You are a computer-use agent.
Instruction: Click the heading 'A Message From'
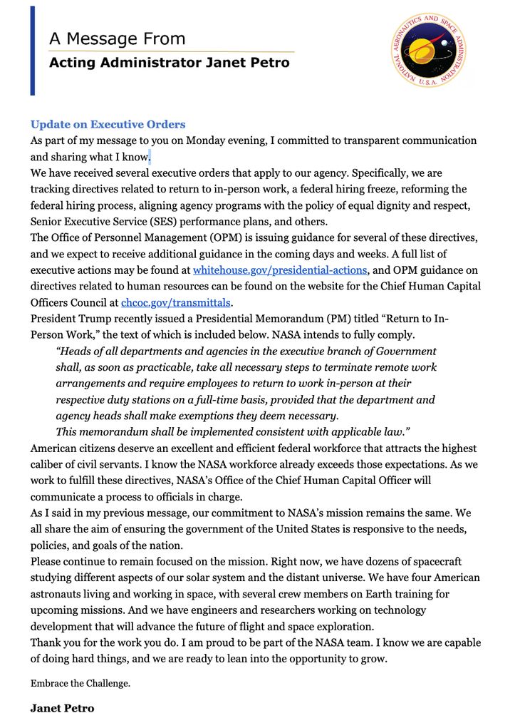pos(117,39)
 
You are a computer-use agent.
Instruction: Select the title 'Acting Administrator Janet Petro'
pos(169,63)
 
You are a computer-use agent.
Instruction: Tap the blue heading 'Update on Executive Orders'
pos(108,124)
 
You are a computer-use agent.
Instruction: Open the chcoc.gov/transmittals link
pos(177,302)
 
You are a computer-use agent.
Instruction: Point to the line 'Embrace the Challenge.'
pos(80,683)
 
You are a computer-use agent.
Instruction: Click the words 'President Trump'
pos(70,319)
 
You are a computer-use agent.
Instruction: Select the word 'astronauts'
pos(59,593)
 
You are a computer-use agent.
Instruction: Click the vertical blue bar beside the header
pos(33,51)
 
